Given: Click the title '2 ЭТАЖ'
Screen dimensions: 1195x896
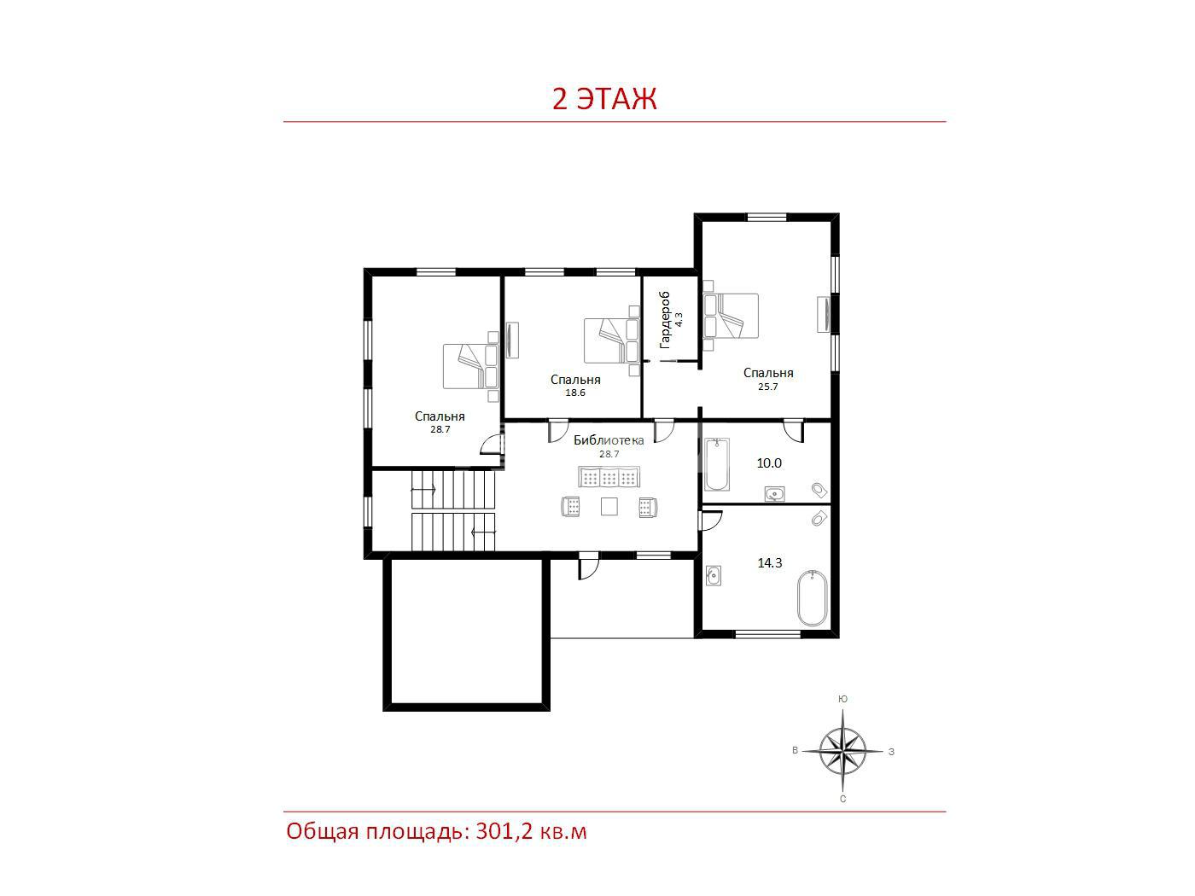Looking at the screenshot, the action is point(604,99).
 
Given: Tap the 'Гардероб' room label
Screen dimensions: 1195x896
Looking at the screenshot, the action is point(664,319).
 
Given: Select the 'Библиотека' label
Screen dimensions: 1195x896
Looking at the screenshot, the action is point(609,440).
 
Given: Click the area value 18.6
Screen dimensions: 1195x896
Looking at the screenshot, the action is point(575,393).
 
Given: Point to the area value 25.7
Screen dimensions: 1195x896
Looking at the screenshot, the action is point(767,387).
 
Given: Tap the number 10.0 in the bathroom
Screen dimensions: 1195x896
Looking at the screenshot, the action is point(769,463).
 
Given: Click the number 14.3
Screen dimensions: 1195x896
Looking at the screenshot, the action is point(770,563).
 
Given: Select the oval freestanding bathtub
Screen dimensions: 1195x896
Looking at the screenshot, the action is point(813,598).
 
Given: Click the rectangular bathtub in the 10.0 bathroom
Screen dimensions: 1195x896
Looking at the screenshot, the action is point(717,464).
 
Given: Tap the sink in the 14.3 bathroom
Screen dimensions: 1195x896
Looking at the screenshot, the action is point(714,575).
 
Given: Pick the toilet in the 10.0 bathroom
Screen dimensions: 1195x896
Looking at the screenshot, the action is point(819,490).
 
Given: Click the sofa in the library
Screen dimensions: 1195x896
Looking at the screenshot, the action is point(609,477).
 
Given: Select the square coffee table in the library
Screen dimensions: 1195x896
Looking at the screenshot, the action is point(609,507).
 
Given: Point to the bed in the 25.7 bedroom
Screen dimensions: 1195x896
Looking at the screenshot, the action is point(731,316).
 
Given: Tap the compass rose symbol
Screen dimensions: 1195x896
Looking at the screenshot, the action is point(842,751).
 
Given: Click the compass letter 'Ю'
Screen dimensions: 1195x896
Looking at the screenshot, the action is point(842,699).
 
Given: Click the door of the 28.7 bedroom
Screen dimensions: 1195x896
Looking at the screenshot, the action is point(491,444).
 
